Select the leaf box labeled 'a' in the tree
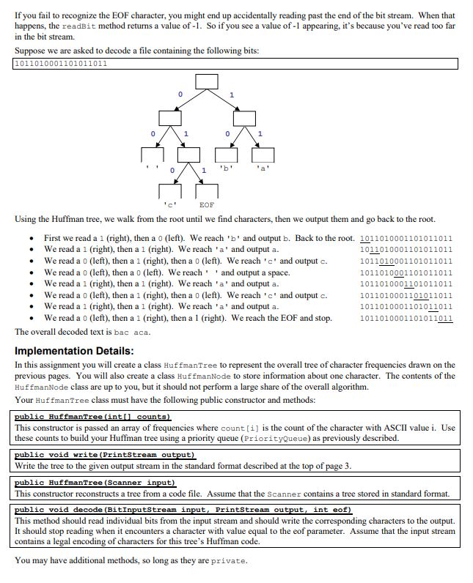click(x=263, y=155)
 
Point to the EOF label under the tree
click(x=207, y=204)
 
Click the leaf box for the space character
click(x=152, y=155)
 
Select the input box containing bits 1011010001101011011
click(x=236, y=64)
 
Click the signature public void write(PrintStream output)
click(x=104, y=455)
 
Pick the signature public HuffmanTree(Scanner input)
click(x=95, y=483)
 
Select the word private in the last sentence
click(x=229, y=561)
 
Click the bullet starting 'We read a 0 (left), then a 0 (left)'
click(x=166, y=273)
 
